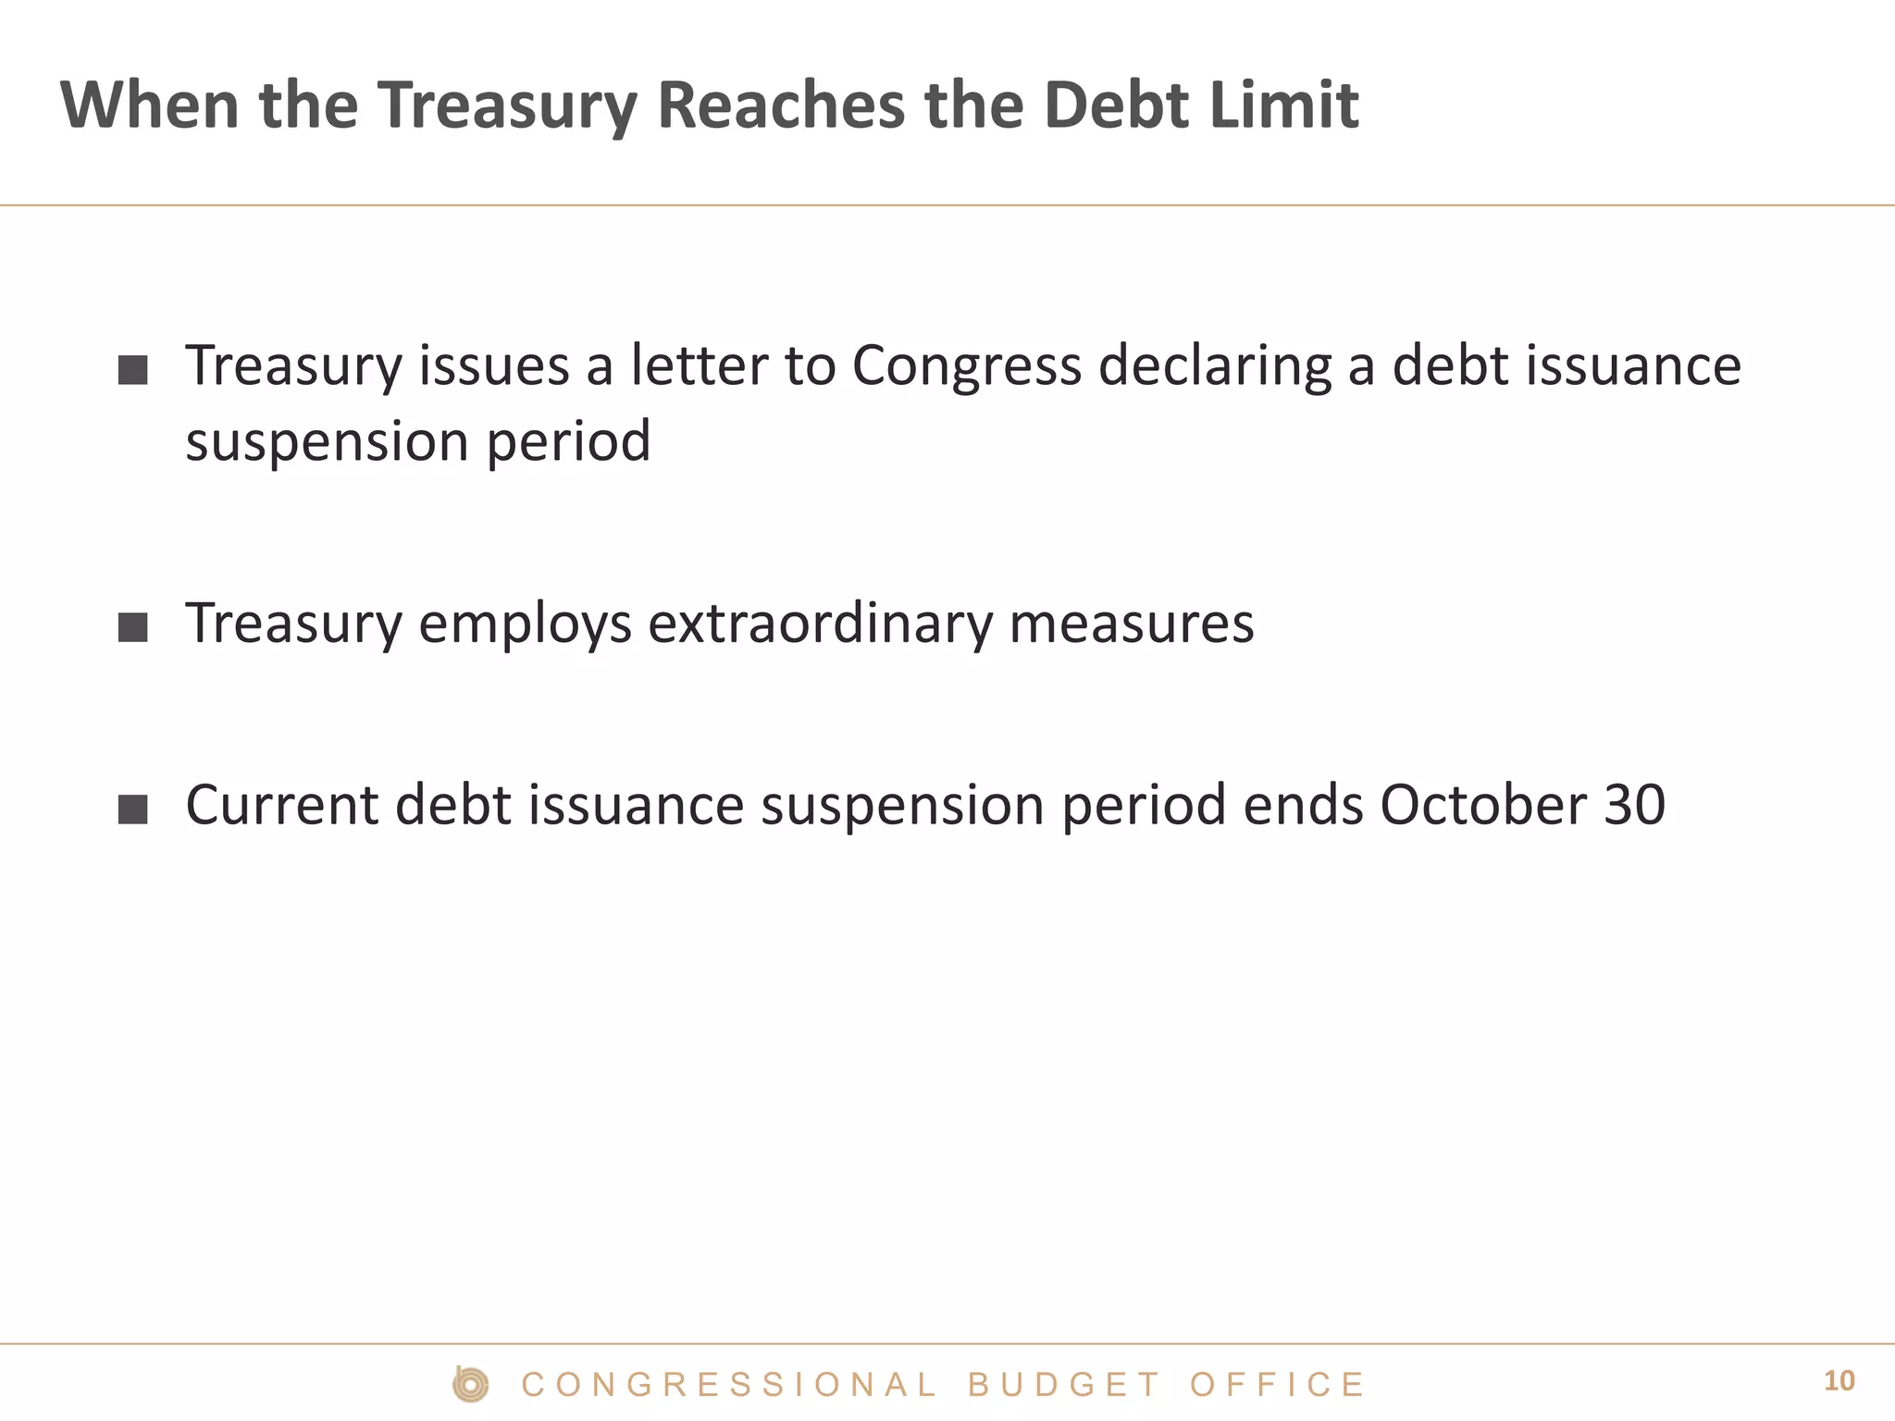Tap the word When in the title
click(150, 105)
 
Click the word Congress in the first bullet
click(966, 365)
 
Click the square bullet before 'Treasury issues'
click(133, 370)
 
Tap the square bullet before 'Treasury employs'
click(133, 627)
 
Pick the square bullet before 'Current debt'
click(133, 809)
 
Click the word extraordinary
click(820, 624)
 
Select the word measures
click(1132, 624)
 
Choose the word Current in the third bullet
click(282, 804)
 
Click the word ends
click(1303, 804)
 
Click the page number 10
click(1839, 1381)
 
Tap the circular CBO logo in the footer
click(471, 1384)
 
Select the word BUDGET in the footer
click(1063, 1385)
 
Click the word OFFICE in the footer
click(1276, 1385)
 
